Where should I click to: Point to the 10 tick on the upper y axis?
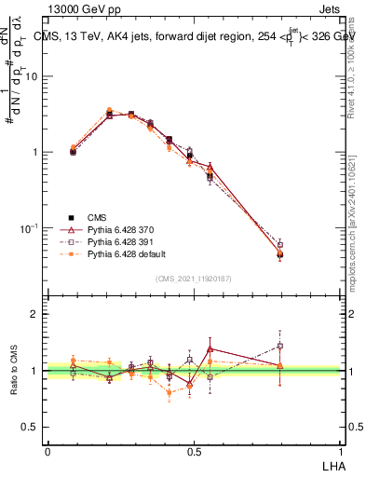pos(31,76)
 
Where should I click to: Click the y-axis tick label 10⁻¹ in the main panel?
pos(28,228)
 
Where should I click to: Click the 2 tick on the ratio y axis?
pos(34,314)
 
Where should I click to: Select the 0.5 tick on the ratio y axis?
pos(30,428)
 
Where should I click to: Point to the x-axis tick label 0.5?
pos(194,452)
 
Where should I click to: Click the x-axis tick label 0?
pos(47,452)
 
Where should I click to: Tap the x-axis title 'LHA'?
pos(330,465)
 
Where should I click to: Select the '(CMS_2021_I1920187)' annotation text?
pos(193,278)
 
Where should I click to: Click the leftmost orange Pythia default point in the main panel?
pos(74,146)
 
